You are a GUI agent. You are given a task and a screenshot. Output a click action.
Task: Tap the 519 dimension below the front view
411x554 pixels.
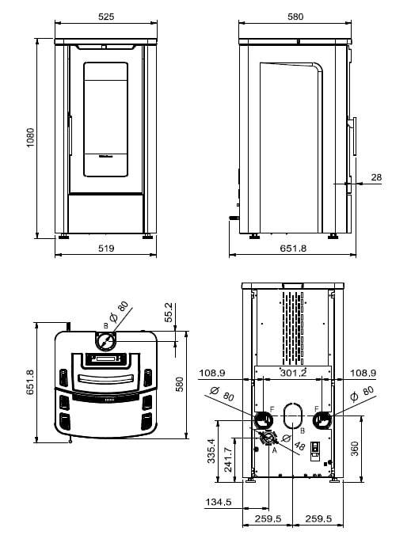click(106, 248)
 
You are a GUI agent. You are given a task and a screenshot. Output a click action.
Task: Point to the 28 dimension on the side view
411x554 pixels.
click(375, 177)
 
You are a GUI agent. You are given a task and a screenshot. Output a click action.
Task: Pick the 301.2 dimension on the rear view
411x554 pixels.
click(293, 372)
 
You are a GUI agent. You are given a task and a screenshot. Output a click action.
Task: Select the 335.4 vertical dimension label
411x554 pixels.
click(210, 453)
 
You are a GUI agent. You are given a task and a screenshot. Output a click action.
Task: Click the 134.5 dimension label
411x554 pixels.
click(218, 502)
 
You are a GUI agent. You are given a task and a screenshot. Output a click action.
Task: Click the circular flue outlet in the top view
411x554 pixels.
click(105, 343)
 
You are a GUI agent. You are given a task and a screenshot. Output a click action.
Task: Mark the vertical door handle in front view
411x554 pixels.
click(70, 135)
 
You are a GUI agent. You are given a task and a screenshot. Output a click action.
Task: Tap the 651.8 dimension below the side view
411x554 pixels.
click(293, 248)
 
